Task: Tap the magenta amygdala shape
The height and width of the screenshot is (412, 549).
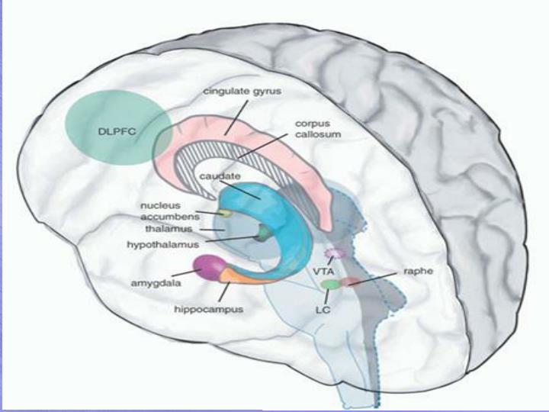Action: click(207, 267)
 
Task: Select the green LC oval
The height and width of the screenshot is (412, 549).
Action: click(329, 284)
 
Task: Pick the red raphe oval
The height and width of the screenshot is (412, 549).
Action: click(350, 282)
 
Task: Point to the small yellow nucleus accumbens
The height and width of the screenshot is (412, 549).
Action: click(226, 214)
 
